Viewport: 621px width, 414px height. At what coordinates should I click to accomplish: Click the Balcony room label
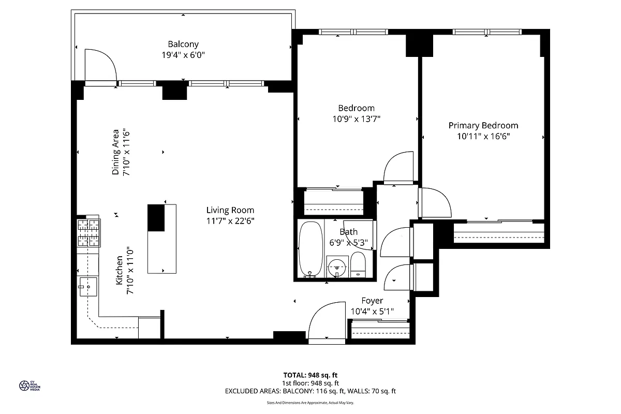point(183,45)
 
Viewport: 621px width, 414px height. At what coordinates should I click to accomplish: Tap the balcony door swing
point(100,65)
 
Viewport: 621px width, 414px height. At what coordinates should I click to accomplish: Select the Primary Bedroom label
point(483,125)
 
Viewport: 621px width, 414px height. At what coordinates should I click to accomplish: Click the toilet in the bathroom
point(358,264)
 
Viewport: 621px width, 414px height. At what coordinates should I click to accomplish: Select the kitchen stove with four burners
point(88,233)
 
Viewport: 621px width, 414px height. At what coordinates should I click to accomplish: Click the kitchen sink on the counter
point(88,285)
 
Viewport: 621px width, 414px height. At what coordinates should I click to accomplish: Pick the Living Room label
point(230,210)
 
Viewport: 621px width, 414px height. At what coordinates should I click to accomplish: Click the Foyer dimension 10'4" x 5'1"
point(372,312)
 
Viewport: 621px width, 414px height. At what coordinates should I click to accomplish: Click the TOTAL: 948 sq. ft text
point(310,375)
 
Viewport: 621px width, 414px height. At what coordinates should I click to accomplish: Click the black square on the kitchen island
point(156,218)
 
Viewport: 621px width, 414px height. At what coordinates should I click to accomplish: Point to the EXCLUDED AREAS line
point(310,391)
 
